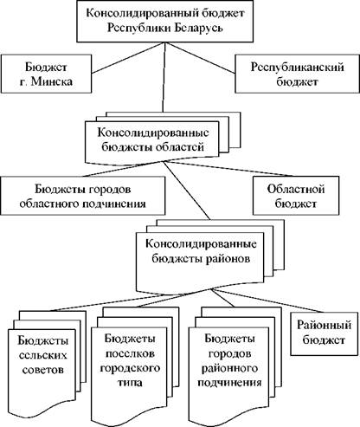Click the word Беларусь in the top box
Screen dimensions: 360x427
pyautogui.click(x=198, y=29)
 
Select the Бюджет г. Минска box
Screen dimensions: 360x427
pyautogui.click(x=46, y=74)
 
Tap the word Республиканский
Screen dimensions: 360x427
pyautogui.click(x=298, y=67)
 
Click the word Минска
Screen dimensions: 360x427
pyautogui.click(x=52, y=81)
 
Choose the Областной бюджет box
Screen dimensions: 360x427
pyautogui.click(x=296, y=196)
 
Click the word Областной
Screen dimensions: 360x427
pyautogui.click(x=296, y=190)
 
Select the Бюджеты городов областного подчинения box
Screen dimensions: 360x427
pyautogui.click(x=83, y=196)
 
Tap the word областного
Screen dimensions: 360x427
pyautogui.click(x=50, y=204)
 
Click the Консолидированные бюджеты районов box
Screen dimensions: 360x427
pyautogui.click(x=200, y=262)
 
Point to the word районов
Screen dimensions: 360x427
pyautogui.click(x=228, y=258)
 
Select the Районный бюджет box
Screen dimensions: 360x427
pyautogui.click(x=325, y=333)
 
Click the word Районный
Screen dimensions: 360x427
pyautogui.click(x=325, y=326)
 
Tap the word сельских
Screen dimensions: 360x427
pyautogui.click(x=42, y=355)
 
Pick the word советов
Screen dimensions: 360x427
pyautogui.click(x=42, y=370)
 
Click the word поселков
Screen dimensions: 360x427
pyautogui.click(x=130, y=353)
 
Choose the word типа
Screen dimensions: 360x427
pyautogui.click(x=130, y=383)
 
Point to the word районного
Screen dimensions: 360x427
pyautogui.click(x=229, y=368)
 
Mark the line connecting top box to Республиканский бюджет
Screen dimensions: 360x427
pyautogui.click(x=200, y=58)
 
